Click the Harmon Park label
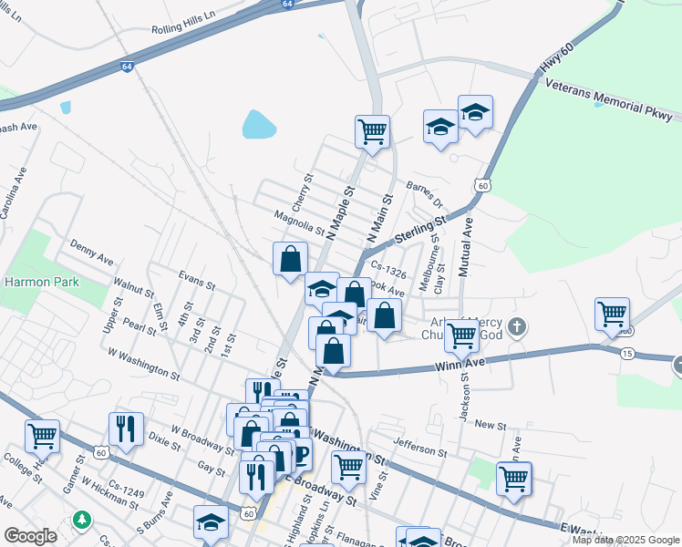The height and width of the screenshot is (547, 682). click(x=42, y=282)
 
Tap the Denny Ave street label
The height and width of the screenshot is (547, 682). click(x=91, y=249)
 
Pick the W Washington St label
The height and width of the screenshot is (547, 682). click(x=143, y=362)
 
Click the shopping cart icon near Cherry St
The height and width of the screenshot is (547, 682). click(x=372, y=131)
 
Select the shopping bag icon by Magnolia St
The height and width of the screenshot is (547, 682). click(x=290, y=258)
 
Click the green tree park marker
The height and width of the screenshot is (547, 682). click(x=84, y=519)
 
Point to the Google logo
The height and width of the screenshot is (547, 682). click(x=29, y=536)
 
